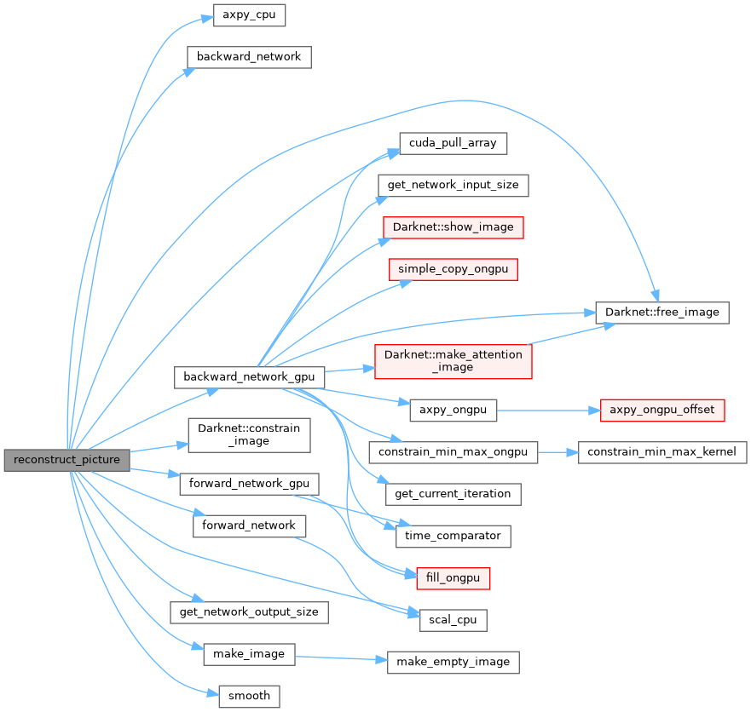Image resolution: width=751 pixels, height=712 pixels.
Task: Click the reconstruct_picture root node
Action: point(67,460)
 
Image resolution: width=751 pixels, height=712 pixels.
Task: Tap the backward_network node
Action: point(249,57)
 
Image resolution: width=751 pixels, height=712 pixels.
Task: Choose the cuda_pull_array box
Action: point(453,143)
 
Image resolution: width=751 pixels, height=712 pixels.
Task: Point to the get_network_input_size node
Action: point(453,185)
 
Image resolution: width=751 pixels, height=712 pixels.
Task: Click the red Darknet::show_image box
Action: point(453,227)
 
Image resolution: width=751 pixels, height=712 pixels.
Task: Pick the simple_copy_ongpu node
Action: point(453,269)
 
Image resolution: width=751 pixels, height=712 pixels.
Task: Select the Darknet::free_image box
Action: point(662,312)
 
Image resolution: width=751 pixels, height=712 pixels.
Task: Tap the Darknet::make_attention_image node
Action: point(453,361)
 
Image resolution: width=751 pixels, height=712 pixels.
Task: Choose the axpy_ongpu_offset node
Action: point(662,410)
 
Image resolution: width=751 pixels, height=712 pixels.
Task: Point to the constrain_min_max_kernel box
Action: point(662,451)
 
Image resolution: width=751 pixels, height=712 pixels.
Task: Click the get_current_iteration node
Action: point(453,493)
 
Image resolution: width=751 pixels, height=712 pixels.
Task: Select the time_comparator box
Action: point(453,536)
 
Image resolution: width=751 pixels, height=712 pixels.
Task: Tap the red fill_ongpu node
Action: point(453,578)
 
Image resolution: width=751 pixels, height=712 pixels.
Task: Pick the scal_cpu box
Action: point(453,620)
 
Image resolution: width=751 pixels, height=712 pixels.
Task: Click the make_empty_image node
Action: point(453,662)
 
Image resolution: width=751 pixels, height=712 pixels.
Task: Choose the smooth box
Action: point(249,696)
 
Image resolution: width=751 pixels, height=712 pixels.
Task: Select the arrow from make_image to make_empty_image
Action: point(341,657)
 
